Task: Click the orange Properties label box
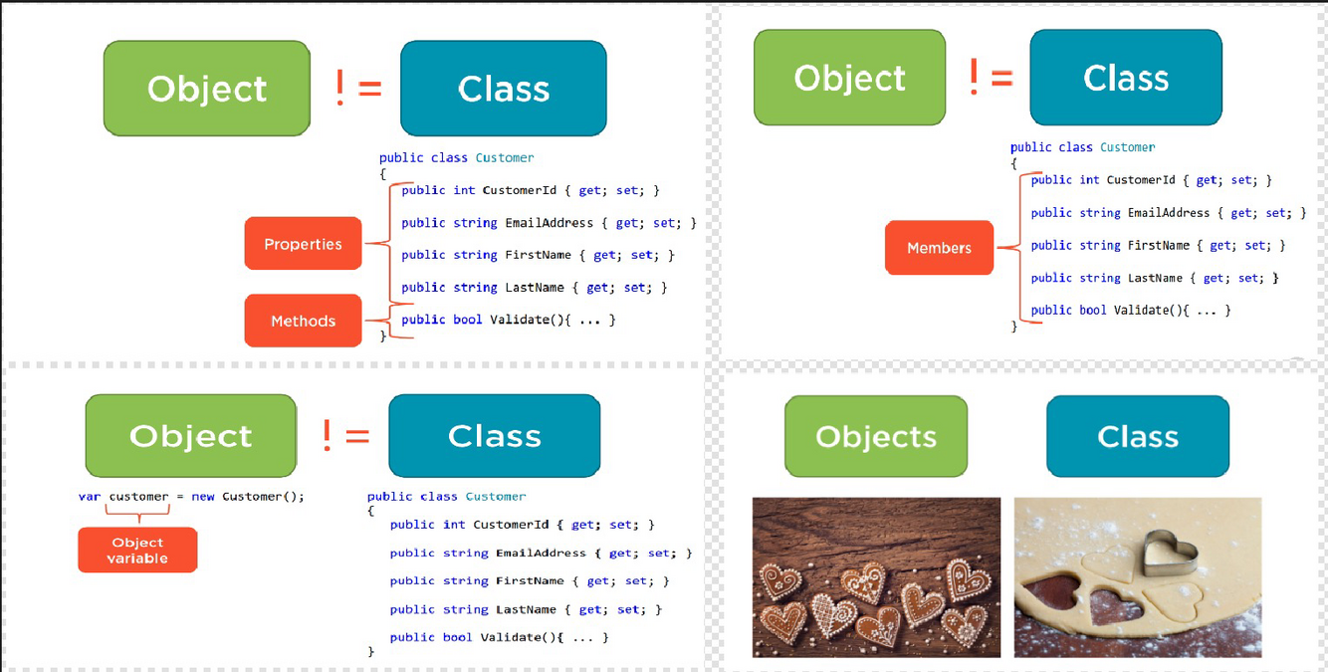point(303,244)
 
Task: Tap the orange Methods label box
point(303,321)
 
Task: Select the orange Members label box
point(939,248)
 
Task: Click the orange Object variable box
point(137,551)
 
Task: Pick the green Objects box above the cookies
point(876,436)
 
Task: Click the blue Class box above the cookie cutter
point(1138,436)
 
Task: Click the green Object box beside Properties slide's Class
point(207,89)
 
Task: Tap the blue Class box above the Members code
point(1126,78)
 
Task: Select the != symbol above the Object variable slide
point(345,436)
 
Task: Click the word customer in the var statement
point(138,496)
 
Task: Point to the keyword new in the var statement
point(203,496)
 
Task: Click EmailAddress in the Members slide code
point(1169,213)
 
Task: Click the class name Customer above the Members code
point(1128,147)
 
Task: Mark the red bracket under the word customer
point(138,514)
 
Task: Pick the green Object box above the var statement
point(190,436)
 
